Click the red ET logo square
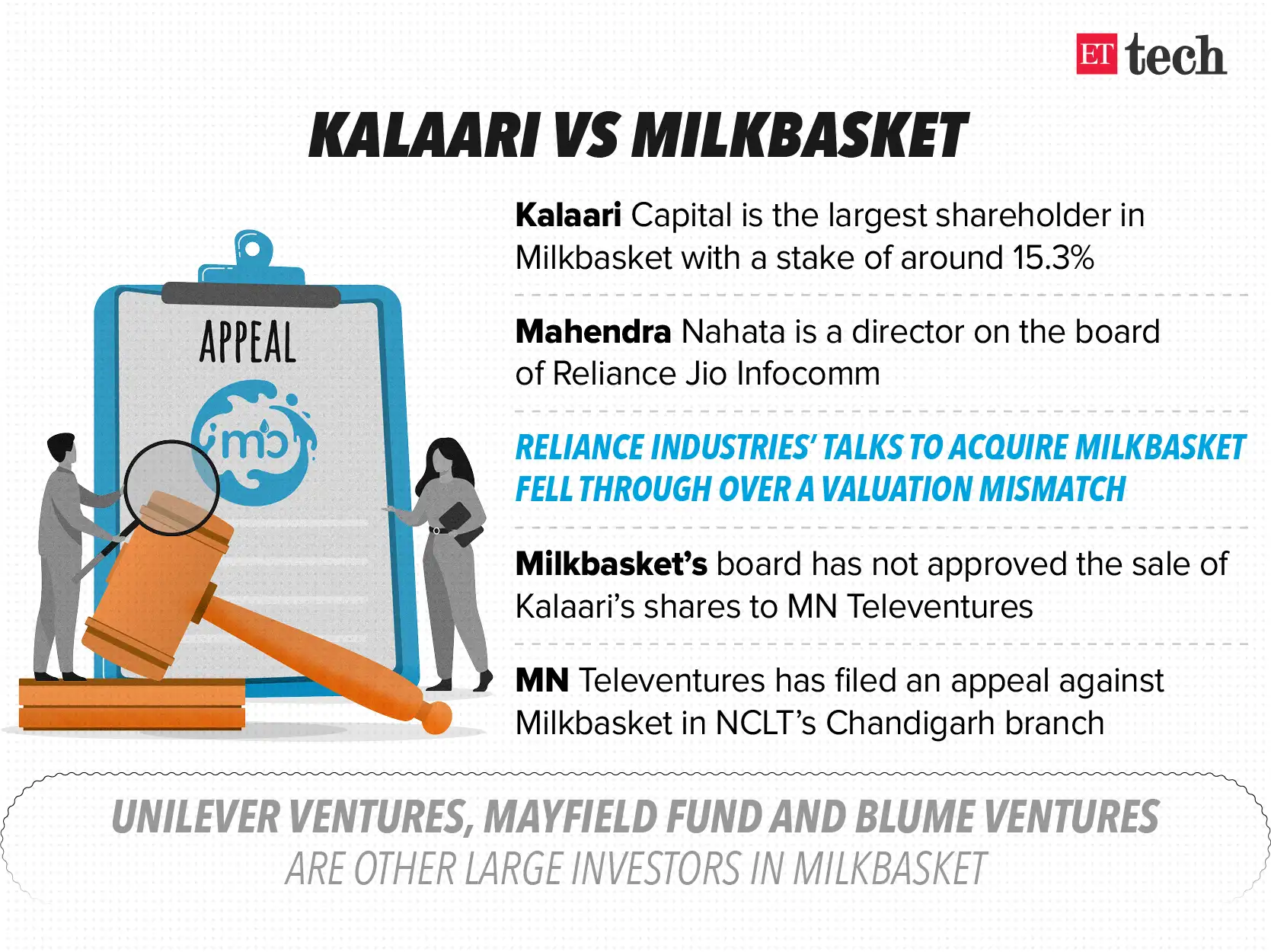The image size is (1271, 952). pos(1096,54)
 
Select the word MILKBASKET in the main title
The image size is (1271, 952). pos(800,136)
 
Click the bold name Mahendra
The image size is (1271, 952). pos(592,332)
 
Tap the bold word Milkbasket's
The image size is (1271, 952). pos(611,564)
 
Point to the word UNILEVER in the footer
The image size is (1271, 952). pos(196,818)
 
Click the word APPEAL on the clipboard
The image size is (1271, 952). pos(247,343)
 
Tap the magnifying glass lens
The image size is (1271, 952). pos(171,487)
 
